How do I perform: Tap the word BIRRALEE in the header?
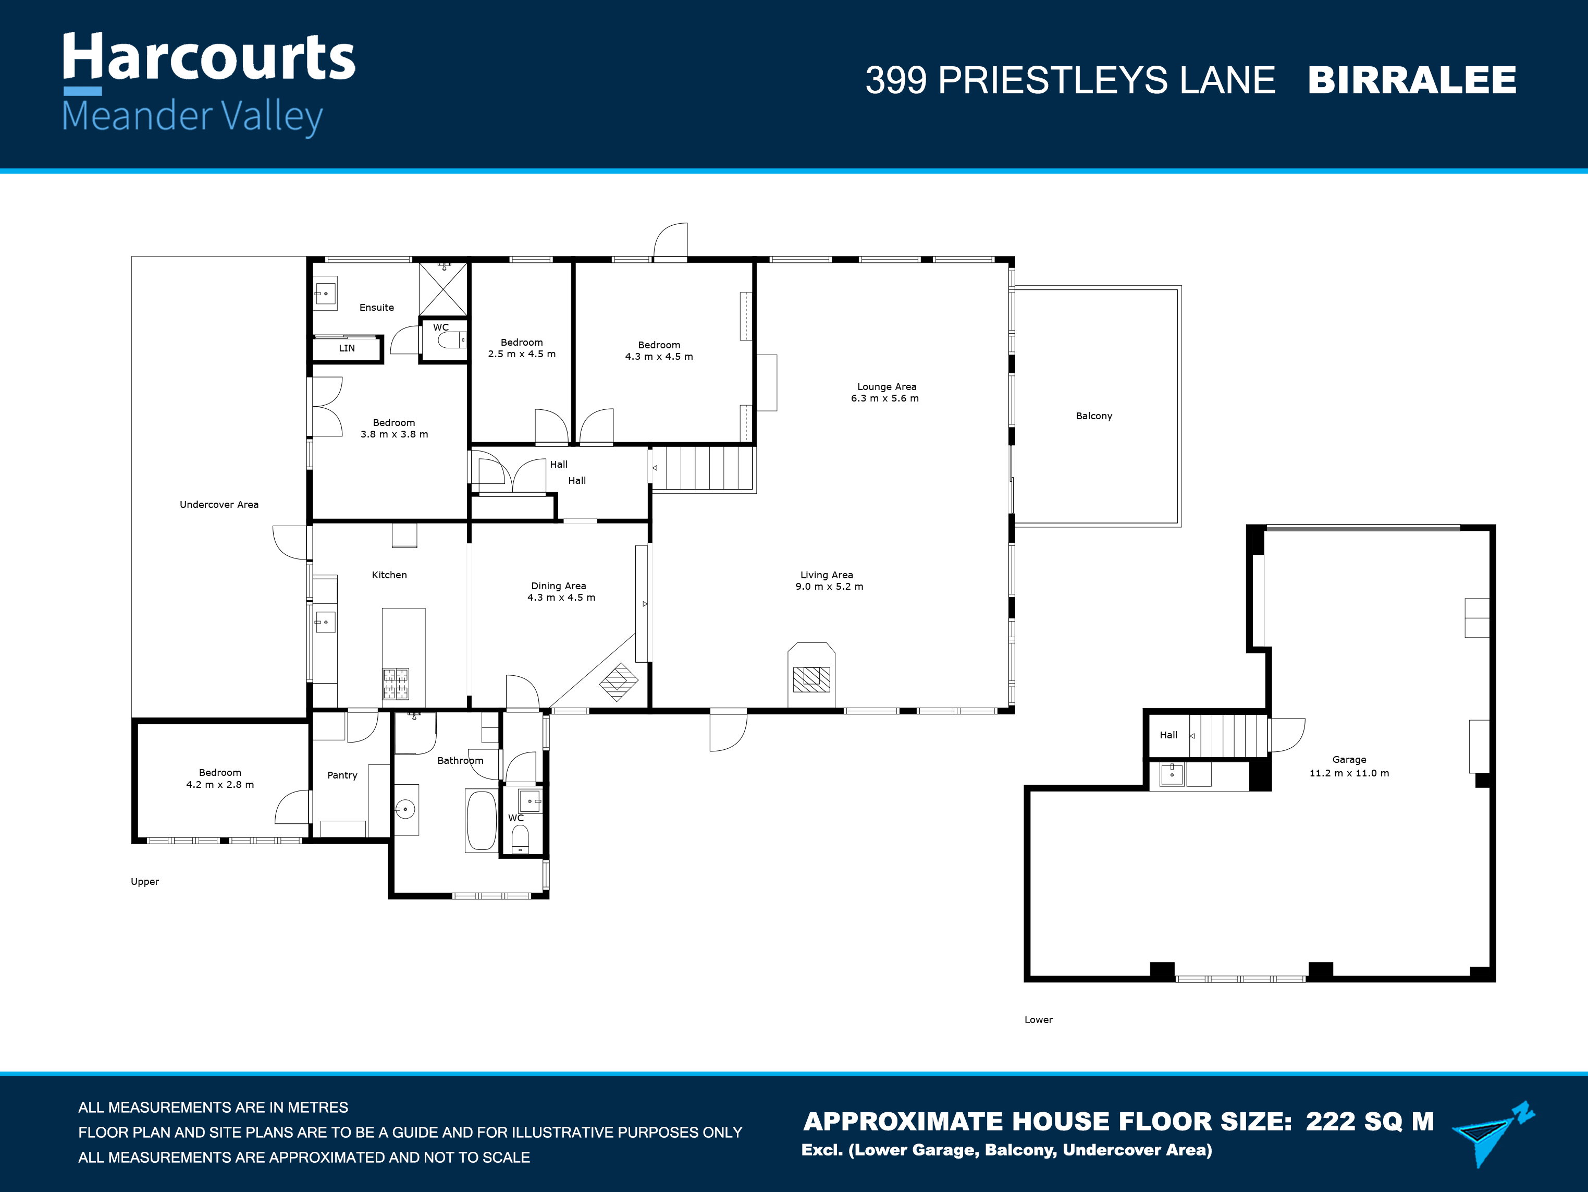pyautogui.click(x=1411, y=80)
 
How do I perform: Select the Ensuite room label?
pyautogui.click(x=377, y=307)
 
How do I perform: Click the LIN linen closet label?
pyautogui.click(x=347, y=348)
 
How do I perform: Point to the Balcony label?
pyautogui.click(x=1093, y=416)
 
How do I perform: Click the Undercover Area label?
pyautogui.click(x=219, y=505)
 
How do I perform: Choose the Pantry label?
pyautogui.click(x=342, y=775)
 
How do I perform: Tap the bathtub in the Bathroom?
pyautogui.click(x=481, y=821)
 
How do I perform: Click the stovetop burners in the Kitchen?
pyautogui.click(x=396, y=684)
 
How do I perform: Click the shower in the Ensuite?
pyautogui.click(x=443, y=289)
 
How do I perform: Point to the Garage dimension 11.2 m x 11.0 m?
pyautogui.click(x=1349, y=773)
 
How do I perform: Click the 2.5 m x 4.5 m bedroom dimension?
pyautogui.click(x=522, y=354)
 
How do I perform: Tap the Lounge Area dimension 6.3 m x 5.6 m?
pyautogui.click(x=884, y=398)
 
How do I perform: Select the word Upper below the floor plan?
pyautogui.click(x=145, y=882)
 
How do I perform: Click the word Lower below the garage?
pyautogui.click(x=1038, y=1019)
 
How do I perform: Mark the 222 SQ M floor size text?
pyautogui.click(x=1370, y=1122)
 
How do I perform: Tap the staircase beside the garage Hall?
pyautogui.click(x=1228, y=735)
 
